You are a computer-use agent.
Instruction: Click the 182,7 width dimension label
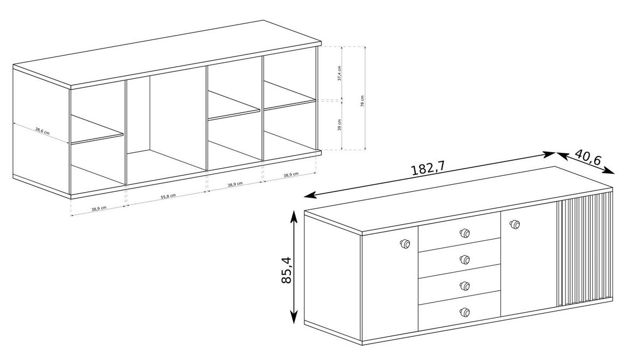coord(427,168)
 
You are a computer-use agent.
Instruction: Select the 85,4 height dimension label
coord(288,269)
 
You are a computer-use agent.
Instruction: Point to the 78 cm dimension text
coord(362,101)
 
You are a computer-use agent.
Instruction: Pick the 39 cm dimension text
coord(340,127)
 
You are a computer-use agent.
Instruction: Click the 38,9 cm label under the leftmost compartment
coord(99,209)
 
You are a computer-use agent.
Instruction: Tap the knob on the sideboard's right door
coord(514,225)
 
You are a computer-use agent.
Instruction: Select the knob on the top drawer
coord(464,233)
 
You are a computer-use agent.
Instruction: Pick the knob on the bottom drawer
coord(464,312)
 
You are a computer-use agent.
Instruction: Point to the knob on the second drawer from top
coord(464,259)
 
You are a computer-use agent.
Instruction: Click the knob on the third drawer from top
coord(464,285)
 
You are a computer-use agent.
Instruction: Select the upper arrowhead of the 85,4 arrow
coord(293,216)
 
